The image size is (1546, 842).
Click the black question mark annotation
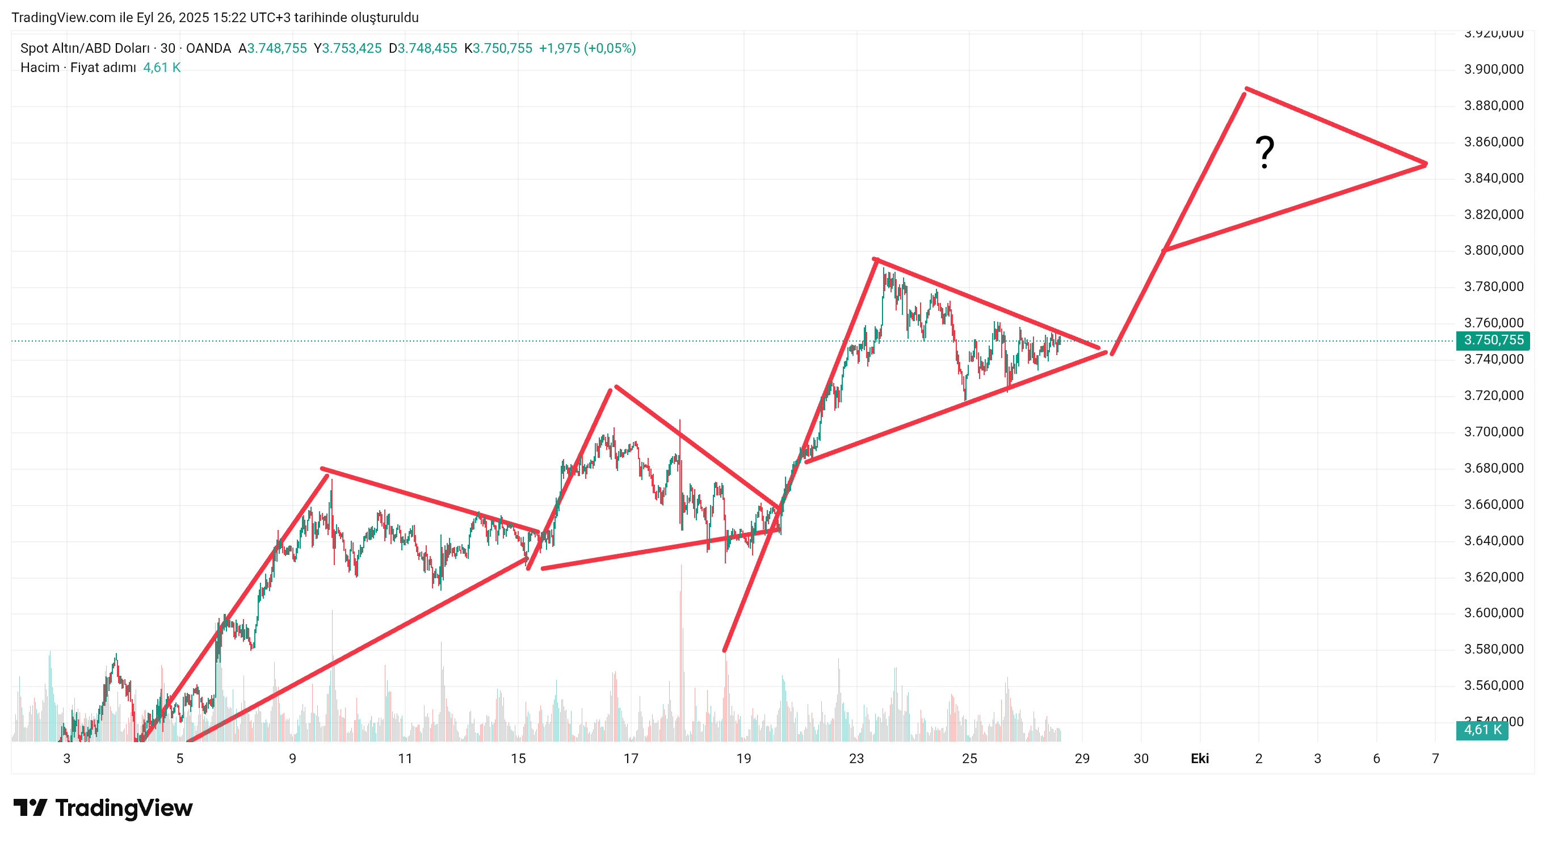coord(1264,153)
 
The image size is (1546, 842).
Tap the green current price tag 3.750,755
coord(1493,340)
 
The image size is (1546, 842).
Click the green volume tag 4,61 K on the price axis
coord(1482,730)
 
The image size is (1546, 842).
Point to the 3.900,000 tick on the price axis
coord(1493,69)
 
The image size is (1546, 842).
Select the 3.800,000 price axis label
coord(1493,250)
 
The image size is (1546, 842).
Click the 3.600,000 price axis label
coord(1493,613)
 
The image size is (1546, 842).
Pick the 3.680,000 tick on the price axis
coord(1493,468)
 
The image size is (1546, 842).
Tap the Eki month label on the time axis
coord(1199,759)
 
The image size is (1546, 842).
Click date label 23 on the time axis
coord(856,759)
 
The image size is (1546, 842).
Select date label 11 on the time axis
coord(405,759)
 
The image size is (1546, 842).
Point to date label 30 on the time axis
coord(1140,759)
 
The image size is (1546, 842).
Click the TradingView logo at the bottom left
coord(103,808)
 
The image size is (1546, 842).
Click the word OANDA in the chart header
coord(208,48)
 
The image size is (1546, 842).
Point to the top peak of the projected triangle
coord(1246,89)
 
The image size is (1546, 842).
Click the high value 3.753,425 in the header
coord(352,48)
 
